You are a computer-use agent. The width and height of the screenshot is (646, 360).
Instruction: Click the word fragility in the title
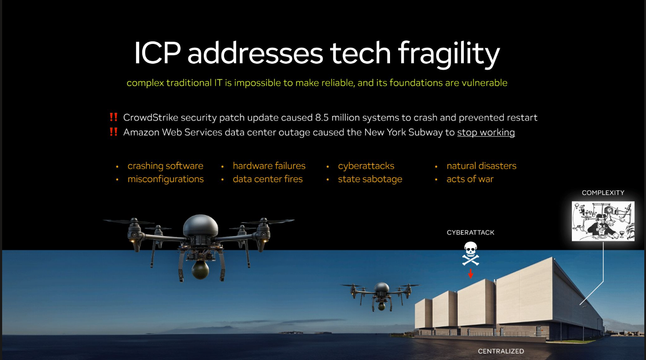pyautogui.click(x=449, y=54)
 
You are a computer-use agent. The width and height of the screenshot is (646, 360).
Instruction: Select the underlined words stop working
pyautogui.click(x=486, y=132)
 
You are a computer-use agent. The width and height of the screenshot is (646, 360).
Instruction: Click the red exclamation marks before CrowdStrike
pyautogui.click(x=113, y=117)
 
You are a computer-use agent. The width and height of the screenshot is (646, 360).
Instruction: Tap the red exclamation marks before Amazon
pyautogui.click(x=113, y=132)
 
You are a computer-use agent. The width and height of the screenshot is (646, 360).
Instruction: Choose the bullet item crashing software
pyautogui.click(x=165, y=166)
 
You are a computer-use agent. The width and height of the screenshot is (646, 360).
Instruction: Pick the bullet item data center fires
pyautogui.click(x=268, y=179)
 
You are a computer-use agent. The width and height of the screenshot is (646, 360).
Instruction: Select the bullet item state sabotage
pyautogui.click(x=370, y=179)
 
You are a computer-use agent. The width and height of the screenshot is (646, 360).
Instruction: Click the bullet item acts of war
pyautogui.click(x=470, y=179)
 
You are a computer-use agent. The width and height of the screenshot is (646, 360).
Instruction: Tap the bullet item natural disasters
pyautogui.click(x=481, y=166)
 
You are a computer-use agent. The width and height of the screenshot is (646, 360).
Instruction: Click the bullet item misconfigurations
pyautogui.click(x=165, y=179)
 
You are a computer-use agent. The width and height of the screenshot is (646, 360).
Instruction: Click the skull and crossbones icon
pyautogui.click(x=470, y=253)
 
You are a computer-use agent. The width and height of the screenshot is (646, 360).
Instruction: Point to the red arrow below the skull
pyautogui.click(x=470, y=273)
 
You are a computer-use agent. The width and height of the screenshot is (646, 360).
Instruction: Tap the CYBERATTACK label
pyautogui.click(x=470, y=232)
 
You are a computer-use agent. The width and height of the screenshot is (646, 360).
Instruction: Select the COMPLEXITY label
pyautogui.click(x=603, y=192)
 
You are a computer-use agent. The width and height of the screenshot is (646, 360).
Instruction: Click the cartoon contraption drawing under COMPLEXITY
pyautogui.click(x=603, y=221)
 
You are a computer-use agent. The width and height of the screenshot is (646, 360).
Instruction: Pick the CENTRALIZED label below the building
pyautogui.click(x=501, y=351)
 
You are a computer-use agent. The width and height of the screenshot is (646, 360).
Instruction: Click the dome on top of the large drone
pyautogui.click(x=201, y=225)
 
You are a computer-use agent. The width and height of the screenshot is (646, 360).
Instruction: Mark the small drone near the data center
pyautogui.click(x=381, y=296)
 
